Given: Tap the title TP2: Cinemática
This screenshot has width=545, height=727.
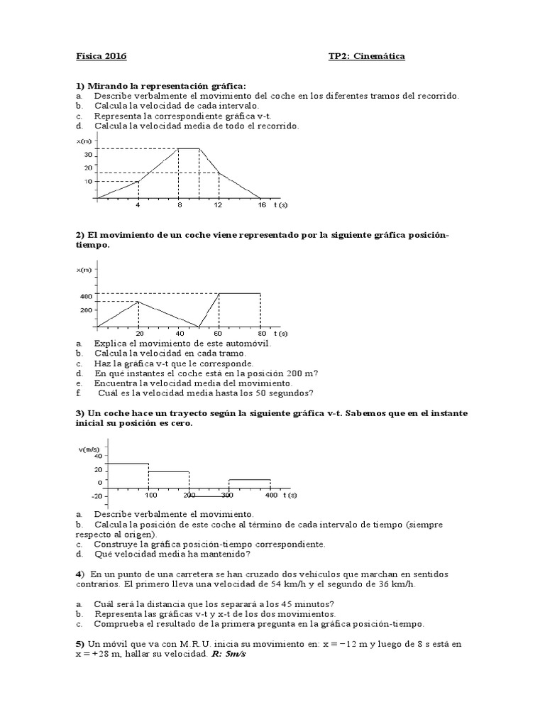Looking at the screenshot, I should pyautogui.click(x=367, y=57).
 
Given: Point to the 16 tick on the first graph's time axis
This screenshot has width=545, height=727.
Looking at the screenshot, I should pyautogui.click(x=261, y=205).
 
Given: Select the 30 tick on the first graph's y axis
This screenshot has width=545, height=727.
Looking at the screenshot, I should pyautogui.click(x=88, y=154).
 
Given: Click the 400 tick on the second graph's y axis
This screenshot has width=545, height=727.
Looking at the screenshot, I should pyautogui.click(x=86, y=296).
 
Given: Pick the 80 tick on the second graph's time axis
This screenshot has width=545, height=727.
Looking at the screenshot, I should pyautogui.click(x=260, y=333).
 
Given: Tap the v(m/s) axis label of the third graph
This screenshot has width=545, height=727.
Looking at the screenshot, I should pyautogui.click(x=89, y=449).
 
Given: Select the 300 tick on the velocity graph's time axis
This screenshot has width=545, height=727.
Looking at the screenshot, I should pyautogui.click(x=227, y=495).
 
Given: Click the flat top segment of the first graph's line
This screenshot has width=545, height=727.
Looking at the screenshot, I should pyautogui.click(x=189, y=148).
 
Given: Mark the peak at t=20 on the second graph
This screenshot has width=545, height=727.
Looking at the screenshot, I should pyautogui.click(x=138, y=301).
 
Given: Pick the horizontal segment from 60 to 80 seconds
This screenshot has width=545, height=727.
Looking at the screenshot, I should pyautogui.click(x=240, y=293).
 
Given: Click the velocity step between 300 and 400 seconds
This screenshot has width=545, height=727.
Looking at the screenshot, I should pyautogui.click(x=249, y=480).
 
